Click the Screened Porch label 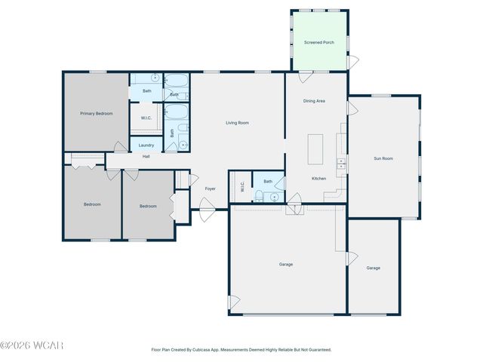(x=319, y=42)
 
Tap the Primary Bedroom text (x=97, y=113)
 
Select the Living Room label (x=237, y=123)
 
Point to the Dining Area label (x=314, y=100)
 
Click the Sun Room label (x=383, y=158)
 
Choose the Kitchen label (x=319, y=178)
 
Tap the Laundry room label (x=146, y=145)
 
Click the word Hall (x=146, y=157)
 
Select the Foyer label (x=211, y=189)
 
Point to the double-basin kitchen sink (x=341, y=161)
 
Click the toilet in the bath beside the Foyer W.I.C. (x=259, y=197)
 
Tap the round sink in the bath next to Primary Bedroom (x=155, y=78)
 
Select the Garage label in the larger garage (x=286, y=264)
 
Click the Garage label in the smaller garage (x=373, y=268)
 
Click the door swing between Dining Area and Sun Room (x=351, y=108)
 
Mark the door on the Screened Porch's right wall (x=352, y=61)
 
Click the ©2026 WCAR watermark (x=32, y=345)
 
